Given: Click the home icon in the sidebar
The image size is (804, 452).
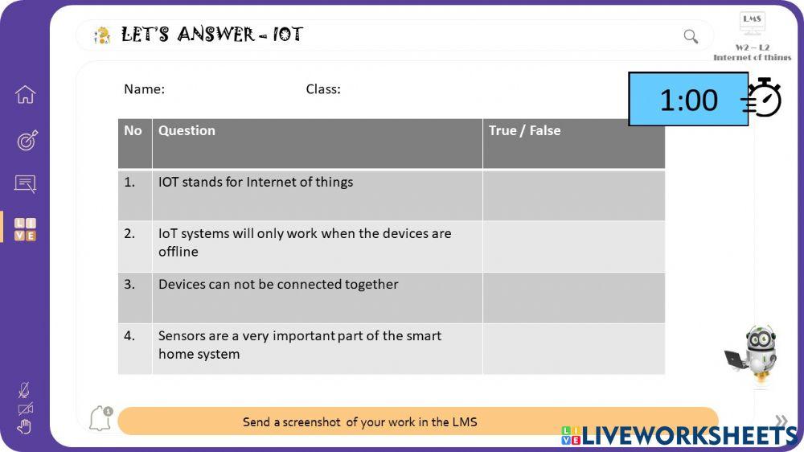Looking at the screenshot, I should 25,95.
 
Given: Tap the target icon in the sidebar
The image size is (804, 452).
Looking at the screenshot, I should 26,141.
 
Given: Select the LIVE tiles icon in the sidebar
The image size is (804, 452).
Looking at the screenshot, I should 26,229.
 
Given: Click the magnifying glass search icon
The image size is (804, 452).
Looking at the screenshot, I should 691,36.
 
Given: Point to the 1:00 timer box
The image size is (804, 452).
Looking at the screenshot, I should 687,100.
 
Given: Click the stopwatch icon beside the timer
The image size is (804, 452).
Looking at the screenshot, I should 763,98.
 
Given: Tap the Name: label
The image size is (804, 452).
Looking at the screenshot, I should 144,89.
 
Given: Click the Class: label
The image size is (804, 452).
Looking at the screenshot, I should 323,89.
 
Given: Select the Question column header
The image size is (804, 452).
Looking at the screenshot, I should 187,131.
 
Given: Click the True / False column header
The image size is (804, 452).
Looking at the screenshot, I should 524,131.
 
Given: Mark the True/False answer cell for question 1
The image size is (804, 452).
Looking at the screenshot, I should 573,195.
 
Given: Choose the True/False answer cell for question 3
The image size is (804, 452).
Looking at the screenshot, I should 573,298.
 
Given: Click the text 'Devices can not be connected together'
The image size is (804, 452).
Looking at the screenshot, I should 278,285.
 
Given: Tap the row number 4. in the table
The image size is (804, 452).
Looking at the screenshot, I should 129,336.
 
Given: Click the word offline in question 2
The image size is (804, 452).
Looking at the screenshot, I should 178,252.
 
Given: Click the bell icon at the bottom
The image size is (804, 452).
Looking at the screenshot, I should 100,419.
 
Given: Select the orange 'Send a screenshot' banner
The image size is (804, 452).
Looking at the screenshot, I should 417,421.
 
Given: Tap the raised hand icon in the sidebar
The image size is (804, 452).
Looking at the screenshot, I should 24,427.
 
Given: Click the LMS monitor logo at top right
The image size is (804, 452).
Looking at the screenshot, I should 752,23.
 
